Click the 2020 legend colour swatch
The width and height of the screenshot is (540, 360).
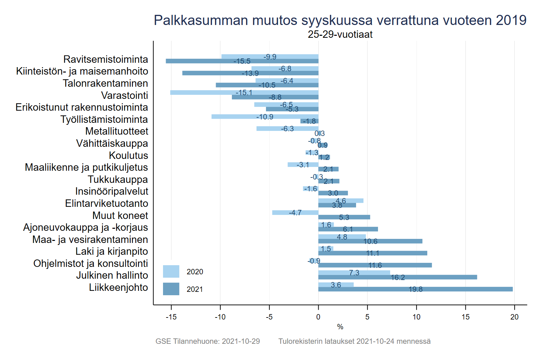tap(171, 272)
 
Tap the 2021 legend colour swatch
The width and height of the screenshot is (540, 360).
tap(171, 289)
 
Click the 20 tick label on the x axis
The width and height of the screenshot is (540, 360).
tap(514, 317)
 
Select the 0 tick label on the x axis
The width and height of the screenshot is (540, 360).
tap(318, 317)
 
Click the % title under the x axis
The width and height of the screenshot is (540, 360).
tap(340, 327)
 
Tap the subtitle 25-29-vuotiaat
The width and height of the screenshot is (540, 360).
tap(340, 34)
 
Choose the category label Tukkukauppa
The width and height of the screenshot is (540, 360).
tap(118, 179)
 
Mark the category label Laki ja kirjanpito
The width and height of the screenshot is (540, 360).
tap(112, 251)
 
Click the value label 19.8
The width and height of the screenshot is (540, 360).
tap(415, 289)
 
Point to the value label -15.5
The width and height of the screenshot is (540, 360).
tap(242, 61)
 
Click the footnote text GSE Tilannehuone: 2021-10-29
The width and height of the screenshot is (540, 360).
tap(208, 341)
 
